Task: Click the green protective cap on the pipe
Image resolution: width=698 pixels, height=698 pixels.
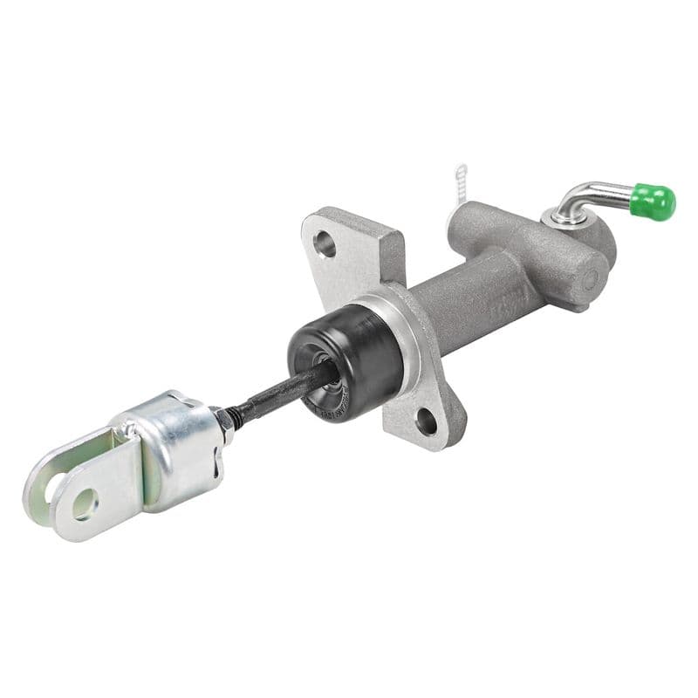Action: click(x=654, y=202)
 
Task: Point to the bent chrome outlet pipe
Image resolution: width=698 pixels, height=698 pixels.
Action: click(x=593, y=194)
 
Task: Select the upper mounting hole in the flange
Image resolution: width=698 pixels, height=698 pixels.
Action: click(x=325, y=245)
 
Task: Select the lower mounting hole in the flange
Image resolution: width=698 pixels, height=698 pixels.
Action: click(x=426, y=421)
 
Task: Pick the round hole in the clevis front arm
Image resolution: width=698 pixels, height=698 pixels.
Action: click(x=85, y=503)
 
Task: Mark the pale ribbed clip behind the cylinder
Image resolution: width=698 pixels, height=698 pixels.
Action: click(x=461, y=185)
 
